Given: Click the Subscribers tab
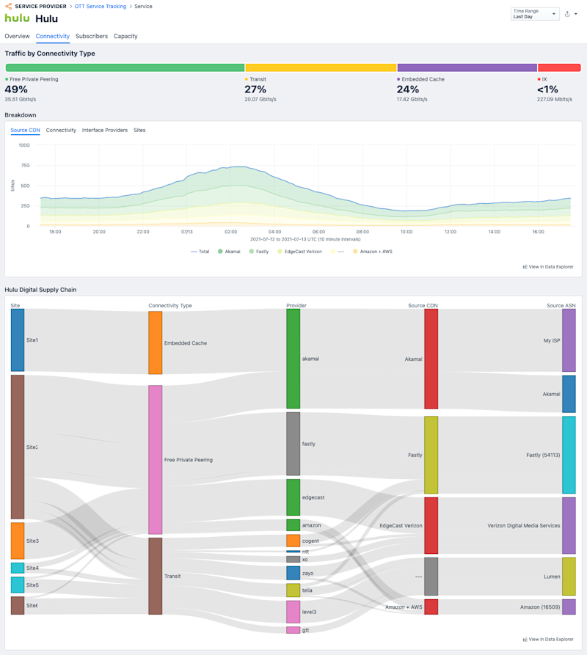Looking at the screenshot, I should [x=92, y=36].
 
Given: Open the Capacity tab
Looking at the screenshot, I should [x=125, y=36].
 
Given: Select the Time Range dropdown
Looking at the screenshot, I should [x=534, y=14].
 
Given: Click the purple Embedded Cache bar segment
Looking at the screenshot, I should [x=467, y=67].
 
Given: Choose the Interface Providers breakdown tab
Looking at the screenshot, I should [x=105, y=130].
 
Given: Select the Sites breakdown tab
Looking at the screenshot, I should [x=139, y=130].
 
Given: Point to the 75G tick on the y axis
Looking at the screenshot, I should [x=25, y=166].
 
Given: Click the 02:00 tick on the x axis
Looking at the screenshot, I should [x=230, y=232].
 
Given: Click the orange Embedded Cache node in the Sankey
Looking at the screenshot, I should [x=155, y=343].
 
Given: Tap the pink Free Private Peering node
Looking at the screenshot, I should [x=155, y=459].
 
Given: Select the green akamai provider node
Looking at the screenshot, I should [x=293, y=358].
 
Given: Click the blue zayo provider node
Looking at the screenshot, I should [x=293, y=573].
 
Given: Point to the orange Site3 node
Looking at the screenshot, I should [x=18, y=541].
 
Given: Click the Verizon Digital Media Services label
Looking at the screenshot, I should [x=523, y=525].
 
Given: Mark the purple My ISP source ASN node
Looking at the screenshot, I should [x=569, y=340].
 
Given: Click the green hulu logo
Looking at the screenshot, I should [x=17, y=18].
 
